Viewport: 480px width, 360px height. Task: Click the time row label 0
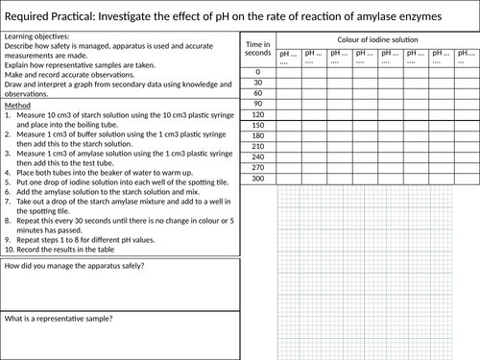tap(257, 72)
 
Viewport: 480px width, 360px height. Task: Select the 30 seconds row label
tap(257, 83)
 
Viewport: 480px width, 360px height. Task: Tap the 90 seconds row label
tap(257, 104)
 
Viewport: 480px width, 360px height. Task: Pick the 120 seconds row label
tap(257, 114)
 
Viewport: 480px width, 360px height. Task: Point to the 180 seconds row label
tap(257, 136)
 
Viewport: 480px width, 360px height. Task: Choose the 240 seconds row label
tap(257, 157)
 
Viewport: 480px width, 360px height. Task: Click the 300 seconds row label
tap(257, 179)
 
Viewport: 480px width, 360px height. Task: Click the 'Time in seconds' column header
tap(258, 49)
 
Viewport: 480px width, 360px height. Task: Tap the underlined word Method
tap(18, 105)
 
